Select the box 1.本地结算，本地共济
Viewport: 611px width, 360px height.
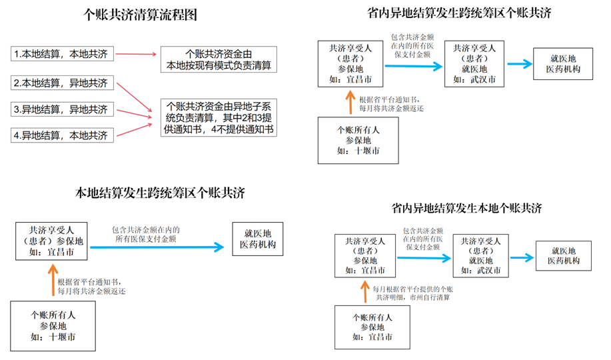63,54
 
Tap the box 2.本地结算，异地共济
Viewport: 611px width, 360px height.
63,83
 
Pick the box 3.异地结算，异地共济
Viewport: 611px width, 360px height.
63,109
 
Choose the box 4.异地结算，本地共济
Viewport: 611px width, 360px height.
63,135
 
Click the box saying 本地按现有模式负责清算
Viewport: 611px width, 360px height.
219,59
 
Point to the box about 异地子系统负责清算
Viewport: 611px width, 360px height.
219,118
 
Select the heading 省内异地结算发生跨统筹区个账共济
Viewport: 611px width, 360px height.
459,13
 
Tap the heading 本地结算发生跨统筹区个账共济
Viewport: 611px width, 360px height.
160,194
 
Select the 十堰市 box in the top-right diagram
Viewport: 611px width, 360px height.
358,140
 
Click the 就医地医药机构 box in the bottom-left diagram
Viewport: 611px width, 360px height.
258,239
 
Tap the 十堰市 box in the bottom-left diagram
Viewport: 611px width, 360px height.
53,326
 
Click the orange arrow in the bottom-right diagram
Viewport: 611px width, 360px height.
364,292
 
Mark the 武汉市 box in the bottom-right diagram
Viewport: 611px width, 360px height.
480,255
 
